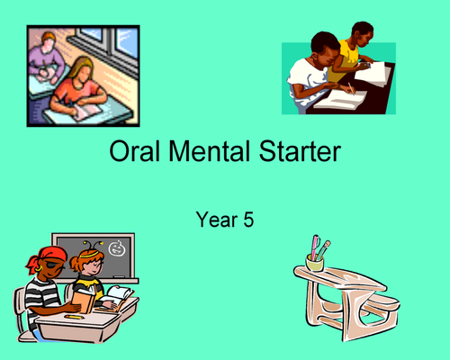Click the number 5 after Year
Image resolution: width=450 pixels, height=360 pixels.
(x=247, y=219)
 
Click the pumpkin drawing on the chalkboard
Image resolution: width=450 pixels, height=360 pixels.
(x=117, y=247)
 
